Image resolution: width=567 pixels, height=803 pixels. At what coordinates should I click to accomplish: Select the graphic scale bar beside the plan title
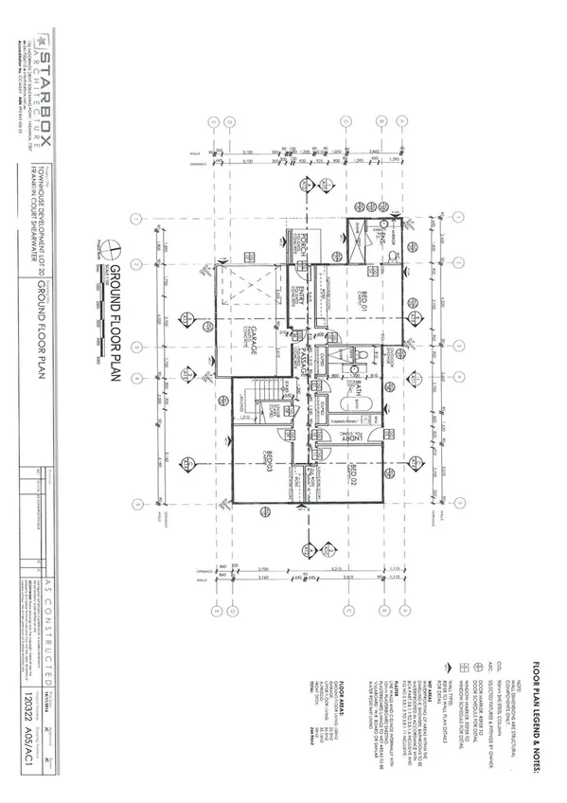(97, 312)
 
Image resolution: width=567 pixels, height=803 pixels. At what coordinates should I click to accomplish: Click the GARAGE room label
(254, 350)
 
